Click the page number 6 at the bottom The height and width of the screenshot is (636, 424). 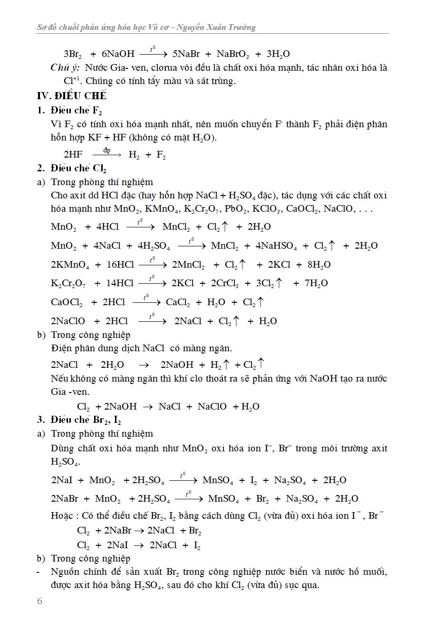pyautogui.click(x=39, y=601)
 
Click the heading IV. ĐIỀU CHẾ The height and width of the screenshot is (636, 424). pyautogui.click(x=71, y=95)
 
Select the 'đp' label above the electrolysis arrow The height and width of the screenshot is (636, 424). pyautogui.click(x=107, y=150)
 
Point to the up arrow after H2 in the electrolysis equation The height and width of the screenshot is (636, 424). pyautogui.click(x=226, y=365)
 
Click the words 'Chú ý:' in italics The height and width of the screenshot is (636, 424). pyautogui.click(x=65, y=68)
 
